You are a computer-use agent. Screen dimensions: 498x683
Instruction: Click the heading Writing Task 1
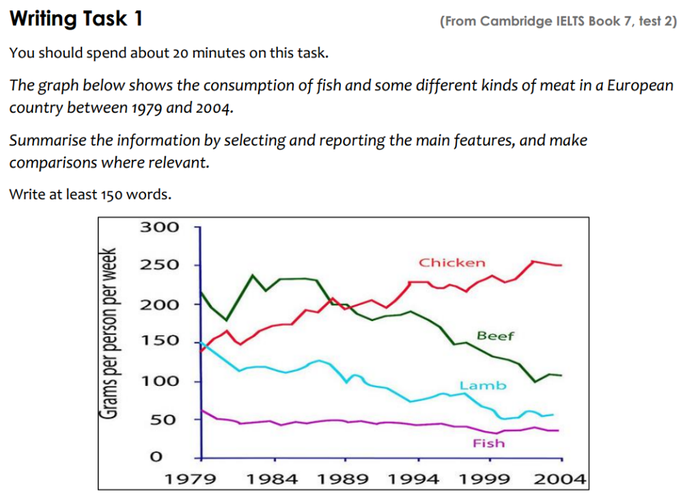tap(76, 18)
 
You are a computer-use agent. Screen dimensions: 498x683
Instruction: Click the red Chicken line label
tap(451, 262)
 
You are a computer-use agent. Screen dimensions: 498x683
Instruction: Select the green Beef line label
tap(495, 335)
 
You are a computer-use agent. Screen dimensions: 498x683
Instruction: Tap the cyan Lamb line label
tap(483, 385)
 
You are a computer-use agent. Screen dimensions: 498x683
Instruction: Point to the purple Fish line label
tap(488, 443)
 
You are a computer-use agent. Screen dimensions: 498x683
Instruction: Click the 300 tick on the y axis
tap(160, 227)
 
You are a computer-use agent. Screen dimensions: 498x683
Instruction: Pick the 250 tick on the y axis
tap(160, 265)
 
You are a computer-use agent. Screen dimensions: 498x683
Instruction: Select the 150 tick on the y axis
tap(160, 340)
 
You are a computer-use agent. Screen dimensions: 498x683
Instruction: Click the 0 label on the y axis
tap(156, 456)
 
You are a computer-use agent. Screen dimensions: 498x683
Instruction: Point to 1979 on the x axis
tap(191, 479)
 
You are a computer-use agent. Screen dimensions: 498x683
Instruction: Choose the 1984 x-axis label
tap(272, 479)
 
